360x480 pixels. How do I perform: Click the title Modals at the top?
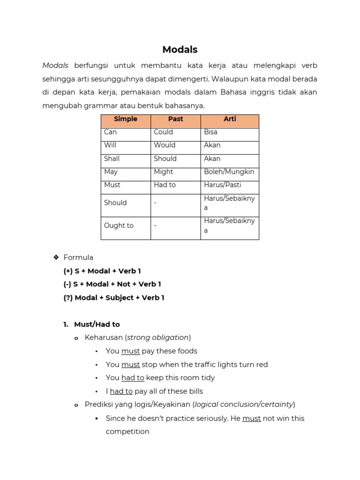180,50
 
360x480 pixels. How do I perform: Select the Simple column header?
126,120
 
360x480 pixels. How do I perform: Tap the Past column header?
175,120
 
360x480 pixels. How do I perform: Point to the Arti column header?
230,120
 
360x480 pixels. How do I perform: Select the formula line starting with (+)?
102,271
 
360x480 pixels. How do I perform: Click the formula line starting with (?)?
114,298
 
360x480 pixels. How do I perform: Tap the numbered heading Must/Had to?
97,324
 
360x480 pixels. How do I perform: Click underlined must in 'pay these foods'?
130,351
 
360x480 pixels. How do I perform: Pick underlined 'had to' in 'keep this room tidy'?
133,378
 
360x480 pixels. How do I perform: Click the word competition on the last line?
127,432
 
